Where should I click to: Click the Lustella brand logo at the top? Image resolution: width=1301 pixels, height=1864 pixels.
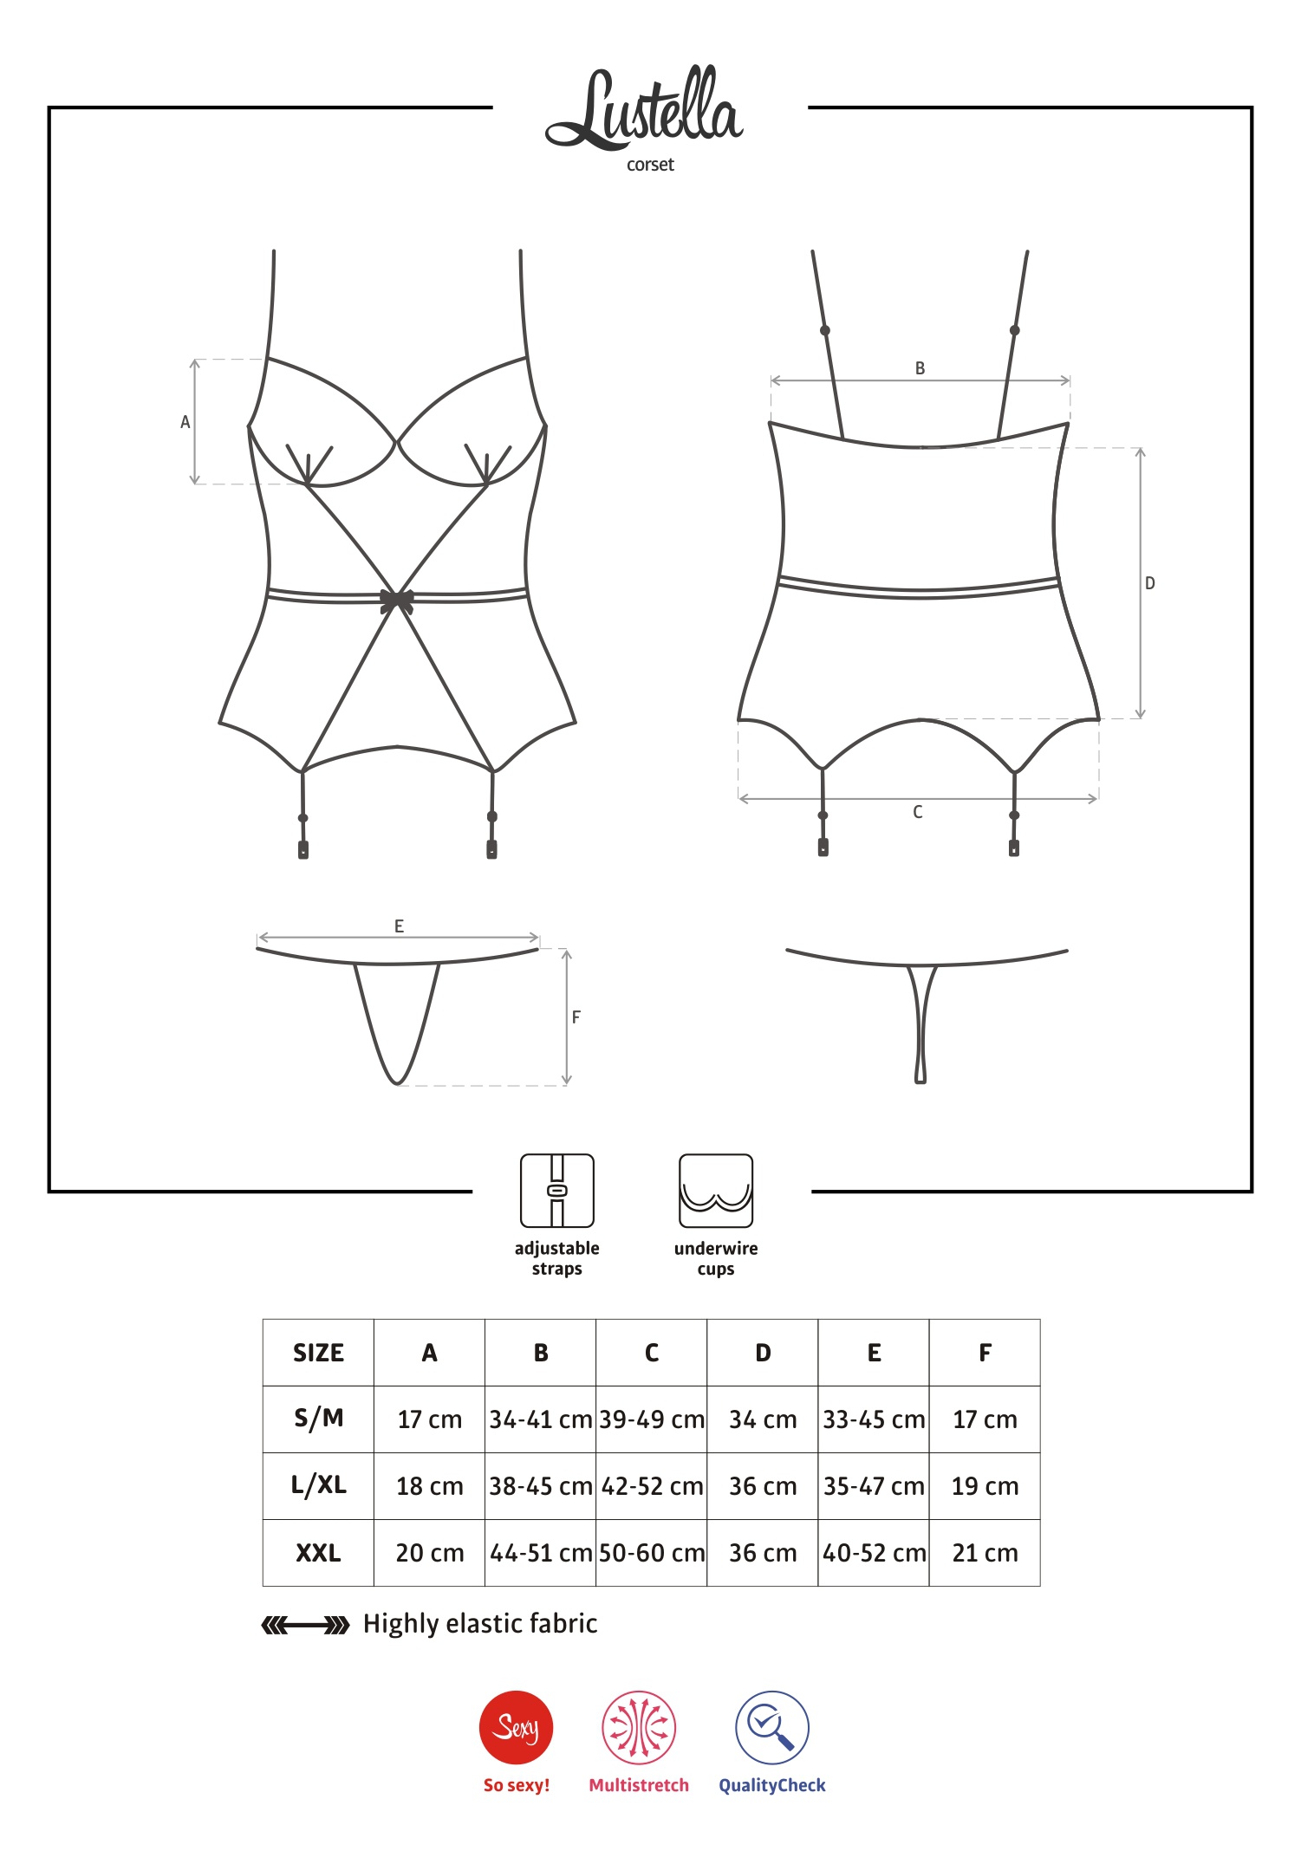pyautogui.click(x=645, y=109)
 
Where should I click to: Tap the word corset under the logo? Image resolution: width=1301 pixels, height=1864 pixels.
pyautogui.click(x=650, y=165)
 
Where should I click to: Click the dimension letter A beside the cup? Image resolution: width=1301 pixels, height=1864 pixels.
pyautogui.click(x=185, y=422)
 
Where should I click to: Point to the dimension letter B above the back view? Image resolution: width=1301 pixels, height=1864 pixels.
pyautogui.click(x=920, y=368)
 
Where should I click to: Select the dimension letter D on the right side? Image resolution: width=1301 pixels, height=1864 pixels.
pyautogui.click(x=1149, y=583)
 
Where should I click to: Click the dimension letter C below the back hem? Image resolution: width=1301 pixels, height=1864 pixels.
pyautogui.click(x=917, y=812)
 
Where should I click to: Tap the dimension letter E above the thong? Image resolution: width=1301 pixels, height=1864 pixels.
pyautogui.click(x=399, y=926)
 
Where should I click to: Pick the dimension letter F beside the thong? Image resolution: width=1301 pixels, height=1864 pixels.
pyautogui.click(x=576, y=1017)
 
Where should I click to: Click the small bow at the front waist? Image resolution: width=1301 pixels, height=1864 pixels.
pyautogui.click(x=397, y=600)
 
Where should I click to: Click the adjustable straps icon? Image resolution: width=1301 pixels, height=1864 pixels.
pyautogui.click(x=557, y=1190)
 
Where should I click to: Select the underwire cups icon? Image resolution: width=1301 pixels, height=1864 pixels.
pyautogui.click(x=716, y=1190)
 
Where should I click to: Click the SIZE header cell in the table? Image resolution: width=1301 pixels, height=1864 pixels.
pyautogui.click(x=318, y=1353)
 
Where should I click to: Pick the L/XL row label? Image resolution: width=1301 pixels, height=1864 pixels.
pyautogui.click(x=318, y=1485)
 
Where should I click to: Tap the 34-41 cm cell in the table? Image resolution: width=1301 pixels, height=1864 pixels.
pyautogui.click(x=541, y=1419)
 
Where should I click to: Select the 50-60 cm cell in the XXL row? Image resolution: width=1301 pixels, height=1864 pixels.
pyautogui.click(x=652, y=1553)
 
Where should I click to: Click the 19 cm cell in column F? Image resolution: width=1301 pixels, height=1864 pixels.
pyautogui.click(x=985, y=1486)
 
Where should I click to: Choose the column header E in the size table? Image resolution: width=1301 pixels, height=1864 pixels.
pyautogui.click(x=874, y=1353)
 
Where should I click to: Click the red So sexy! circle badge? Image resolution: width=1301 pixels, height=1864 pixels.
pyautogui.click(x=517, y=1727)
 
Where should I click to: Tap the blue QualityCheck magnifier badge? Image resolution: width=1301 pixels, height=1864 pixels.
pyautogui.click(x=772, y=1727)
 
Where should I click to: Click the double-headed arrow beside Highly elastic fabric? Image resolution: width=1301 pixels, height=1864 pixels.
pyautogui.click(x=305, y=1625)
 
